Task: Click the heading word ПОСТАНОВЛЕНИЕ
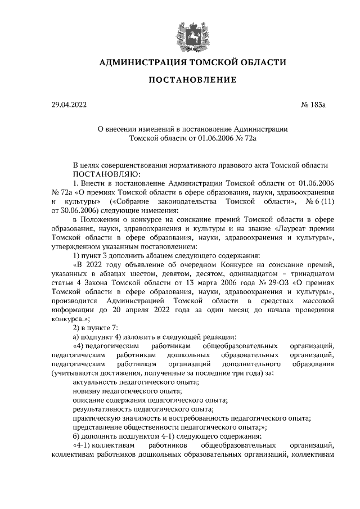(x=192, y=80)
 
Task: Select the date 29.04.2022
(x=69, y=105)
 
